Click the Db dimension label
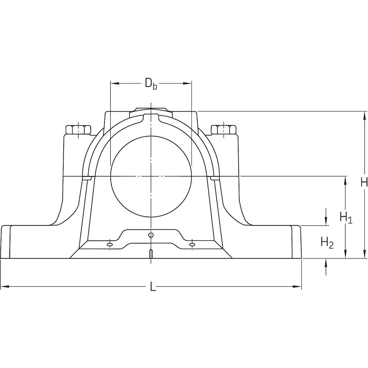pos(151,84)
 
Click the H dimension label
pos(364,182)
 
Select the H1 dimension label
pos(346,218)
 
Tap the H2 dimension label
pos(327,242)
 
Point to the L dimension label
pos(153,287)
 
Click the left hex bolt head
pos(78,130)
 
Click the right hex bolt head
pos(223,130)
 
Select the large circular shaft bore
pos(151,176)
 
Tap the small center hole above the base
pos(150,235)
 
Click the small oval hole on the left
pos(110,245)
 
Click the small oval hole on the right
pos(192,245)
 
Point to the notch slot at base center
pos(151,254)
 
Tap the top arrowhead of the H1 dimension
pos(345,180)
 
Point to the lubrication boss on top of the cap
pos(151,110)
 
